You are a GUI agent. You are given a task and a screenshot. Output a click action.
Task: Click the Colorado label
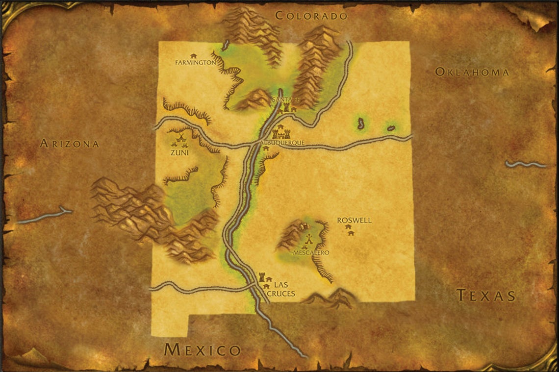click(311, 16)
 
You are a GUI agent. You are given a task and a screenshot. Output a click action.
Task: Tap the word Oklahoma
click(472, 73)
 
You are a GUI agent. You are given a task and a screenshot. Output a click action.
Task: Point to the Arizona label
click(70, 144)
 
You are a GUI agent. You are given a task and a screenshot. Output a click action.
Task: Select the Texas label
click(486, 296)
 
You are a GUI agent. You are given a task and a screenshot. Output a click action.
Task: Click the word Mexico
click(203, 350)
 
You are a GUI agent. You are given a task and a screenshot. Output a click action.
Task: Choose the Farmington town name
click(196, 63)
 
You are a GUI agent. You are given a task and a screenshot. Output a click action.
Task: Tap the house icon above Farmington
click(193, 55)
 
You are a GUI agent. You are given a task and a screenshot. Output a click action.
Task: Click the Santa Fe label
click(284, 100)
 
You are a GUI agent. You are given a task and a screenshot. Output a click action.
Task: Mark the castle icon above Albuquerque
click(281, 132)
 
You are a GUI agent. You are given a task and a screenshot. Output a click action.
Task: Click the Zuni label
click(180, 153)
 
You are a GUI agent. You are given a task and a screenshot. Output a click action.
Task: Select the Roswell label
click(354, 221)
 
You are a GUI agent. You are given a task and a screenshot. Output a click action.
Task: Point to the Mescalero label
click(310, 253)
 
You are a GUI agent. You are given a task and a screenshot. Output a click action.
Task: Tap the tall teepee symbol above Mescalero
click(309, 240)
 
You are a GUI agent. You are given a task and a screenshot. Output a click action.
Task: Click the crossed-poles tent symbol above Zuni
click(180, 138)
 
